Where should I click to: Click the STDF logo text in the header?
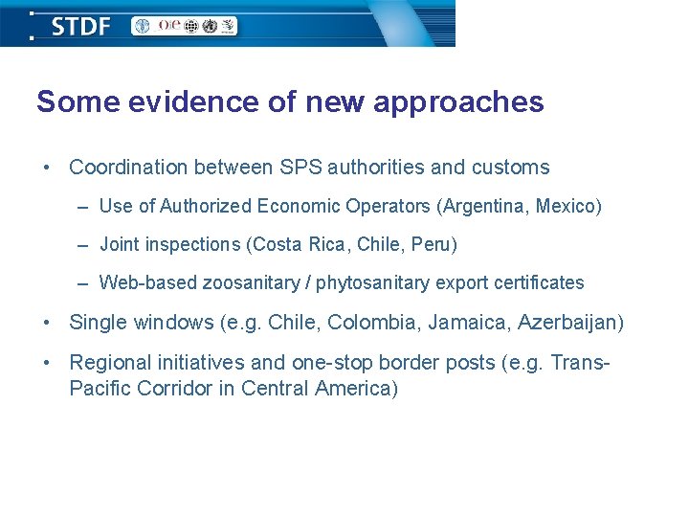80,26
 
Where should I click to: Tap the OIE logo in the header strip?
170,26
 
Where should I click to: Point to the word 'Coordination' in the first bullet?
128,168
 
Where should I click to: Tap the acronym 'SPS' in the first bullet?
300,168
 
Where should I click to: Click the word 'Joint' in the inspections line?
119,244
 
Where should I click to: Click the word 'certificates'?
542,282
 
